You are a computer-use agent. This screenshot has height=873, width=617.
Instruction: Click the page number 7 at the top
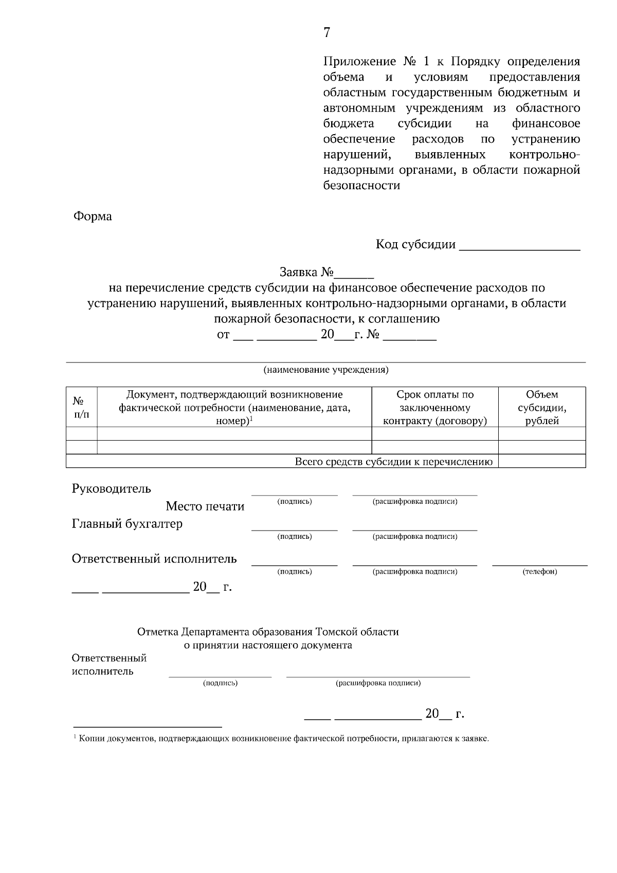[326, 33]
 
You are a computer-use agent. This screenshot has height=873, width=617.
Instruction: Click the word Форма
[93, 216]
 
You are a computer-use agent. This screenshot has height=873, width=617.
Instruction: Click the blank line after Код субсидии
[519, 246]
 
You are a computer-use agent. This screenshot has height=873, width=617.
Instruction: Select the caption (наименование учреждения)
[326, 370]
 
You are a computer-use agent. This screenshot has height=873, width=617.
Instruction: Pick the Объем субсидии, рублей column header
[542, 407]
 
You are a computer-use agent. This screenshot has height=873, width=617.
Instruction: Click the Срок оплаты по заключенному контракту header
[435, 407]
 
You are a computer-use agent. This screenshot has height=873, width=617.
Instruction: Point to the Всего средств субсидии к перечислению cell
[393, 461]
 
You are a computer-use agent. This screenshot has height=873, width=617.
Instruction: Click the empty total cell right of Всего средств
[542, 461]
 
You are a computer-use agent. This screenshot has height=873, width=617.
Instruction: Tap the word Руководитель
[111, 488]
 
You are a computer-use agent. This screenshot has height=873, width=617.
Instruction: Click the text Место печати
[205, 506]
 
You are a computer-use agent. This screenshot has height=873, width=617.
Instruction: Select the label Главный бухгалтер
[127, 524]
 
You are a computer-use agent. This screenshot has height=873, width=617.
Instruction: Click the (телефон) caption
[540, 571]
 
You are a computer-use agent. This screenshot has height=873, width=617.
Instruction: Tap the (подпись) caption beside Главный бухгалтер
[295, 536]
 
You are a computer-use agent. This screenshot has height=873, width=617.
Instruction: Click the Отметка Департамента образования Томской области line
[268, 632]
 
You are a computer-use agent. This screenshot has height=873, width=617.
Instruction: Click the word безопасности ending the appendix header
[361, 186]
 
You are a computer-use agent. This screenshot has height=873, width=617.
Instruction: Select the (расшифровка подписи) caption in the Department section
[378, 683]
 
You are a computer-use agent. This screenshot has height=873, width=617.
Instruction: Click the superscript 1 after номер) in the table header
[251, 419]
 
